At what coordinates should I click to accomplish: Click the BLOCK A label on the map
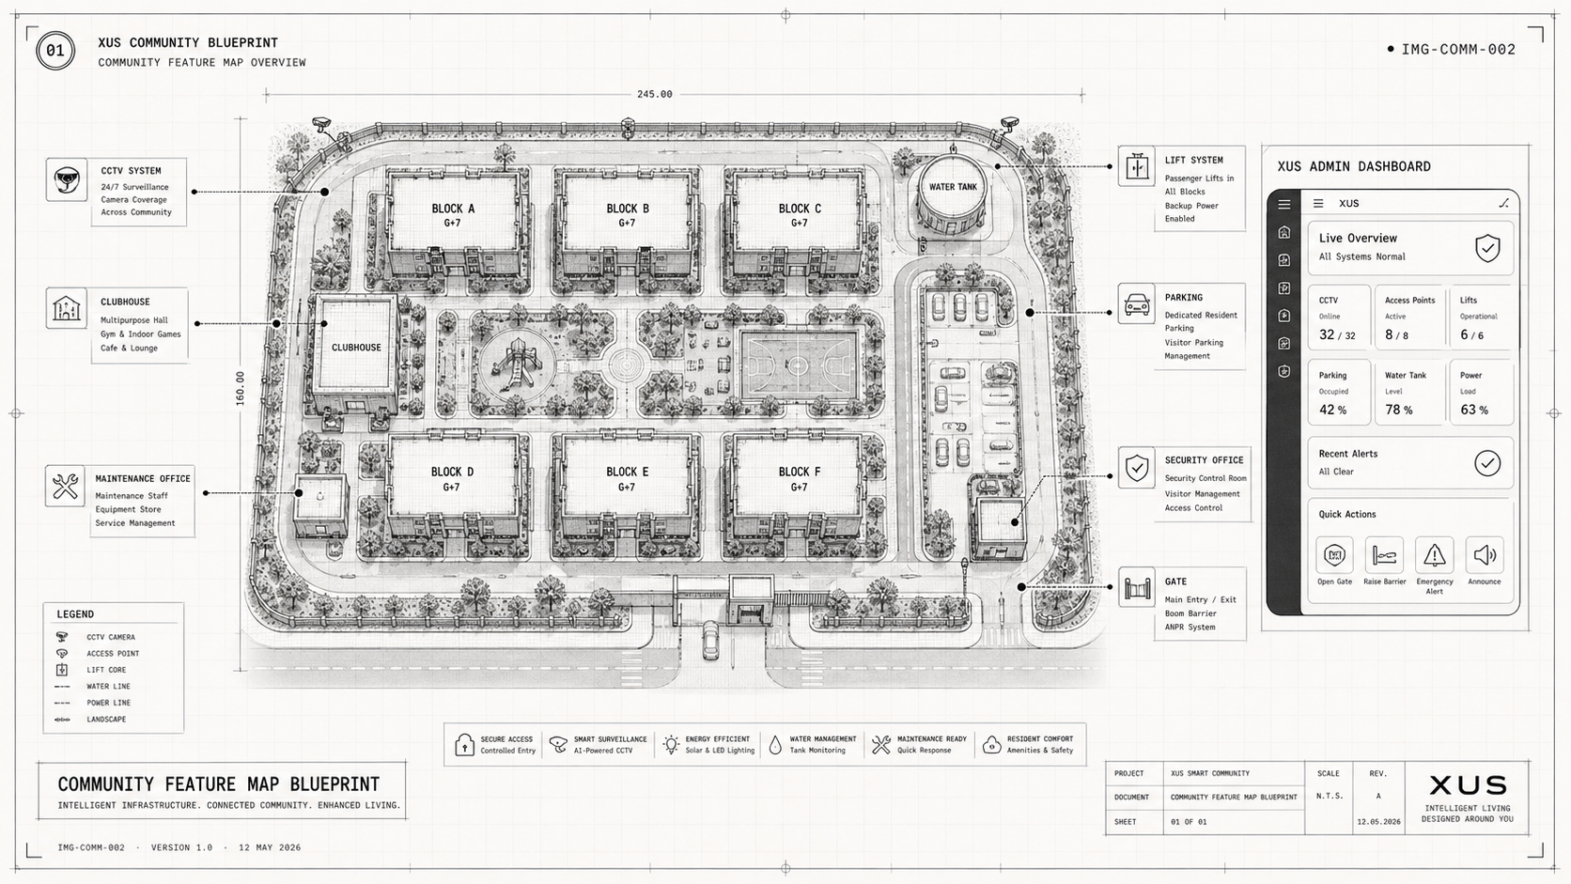coord(453,209)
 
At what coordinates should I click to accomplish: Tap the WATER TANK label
coord(953,187)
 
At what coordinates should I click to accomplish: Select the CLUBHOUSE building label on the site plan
coord(356,348)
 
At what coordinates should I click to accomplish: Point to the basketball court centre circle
coord(798,365)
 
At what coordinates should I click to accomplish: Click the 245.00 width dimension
coord(654,94)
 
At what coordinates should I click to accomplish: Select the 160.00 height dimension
coord(240,388)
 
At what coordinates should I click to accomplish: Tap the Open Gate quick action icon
coord(1334,555)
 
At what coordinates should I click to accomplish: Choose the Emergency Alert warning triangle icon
coord(1434,555)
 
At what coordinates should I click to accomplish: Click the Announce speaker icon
coord(1485,555)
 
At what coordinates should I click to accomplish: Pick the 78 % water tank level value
coord(1398,411)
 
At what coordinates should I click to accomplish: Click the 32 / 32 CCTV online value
coord(1337,335)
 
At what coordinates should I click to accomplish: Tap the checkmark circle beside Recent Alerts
coord(1486,463)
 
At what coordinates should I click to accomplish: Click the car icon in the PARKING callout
coord(1136,304)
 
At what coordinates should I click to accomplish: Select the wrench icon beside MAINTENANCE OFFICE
coord(65,486)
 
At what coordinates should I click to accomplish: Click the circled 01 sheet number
coord(55,51)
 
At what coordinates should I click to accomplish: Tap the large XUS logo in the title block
coord(1468,785)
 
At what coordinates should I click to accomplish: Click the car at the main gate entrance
coord(710,640)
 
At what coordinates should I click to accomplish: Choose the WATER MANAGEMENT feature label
coord(823,739)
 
